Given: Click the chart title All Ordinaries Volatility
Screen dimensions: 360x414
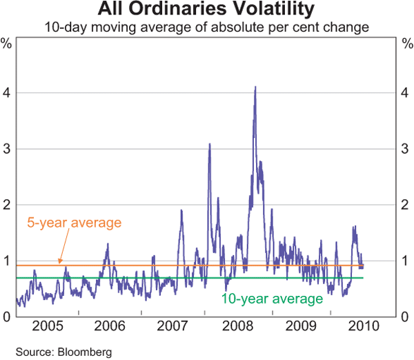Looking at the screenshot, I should pyautogui.click(x=207, y=10).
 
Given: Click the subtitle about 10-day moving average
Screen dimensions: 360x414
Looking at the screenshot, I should pyautogui.click(x=207, y=28).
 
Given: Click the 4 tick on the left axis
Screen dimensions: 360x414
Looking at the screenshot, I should pyautogui.click(x=6, y=93).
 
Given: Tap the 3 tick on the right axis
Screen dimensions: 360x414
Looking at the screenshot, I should pyautogui.click(x=406, y=149).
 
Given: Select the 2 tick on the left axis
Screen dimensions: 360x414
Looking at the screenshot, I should pyautogui.click(x=6, y=205).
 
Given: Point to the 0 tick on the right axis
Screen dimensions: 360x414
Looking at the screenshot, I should pyautogui.click(x=406, y=317).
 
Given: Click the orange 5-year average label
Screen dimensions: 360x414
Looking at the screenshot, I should pyautogui.click(x=74, y=223).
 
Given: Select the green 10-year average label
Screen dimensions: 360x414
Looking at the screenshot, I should pyautogui.click(x=272, y=299).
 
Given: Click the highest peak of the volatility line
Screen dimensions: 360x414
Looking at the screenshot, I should pyautogui.click(x=255, y=88).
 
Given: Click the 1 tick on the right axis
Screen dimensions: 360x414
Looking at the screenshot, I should pyautogui.click(x=406, y=261).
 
